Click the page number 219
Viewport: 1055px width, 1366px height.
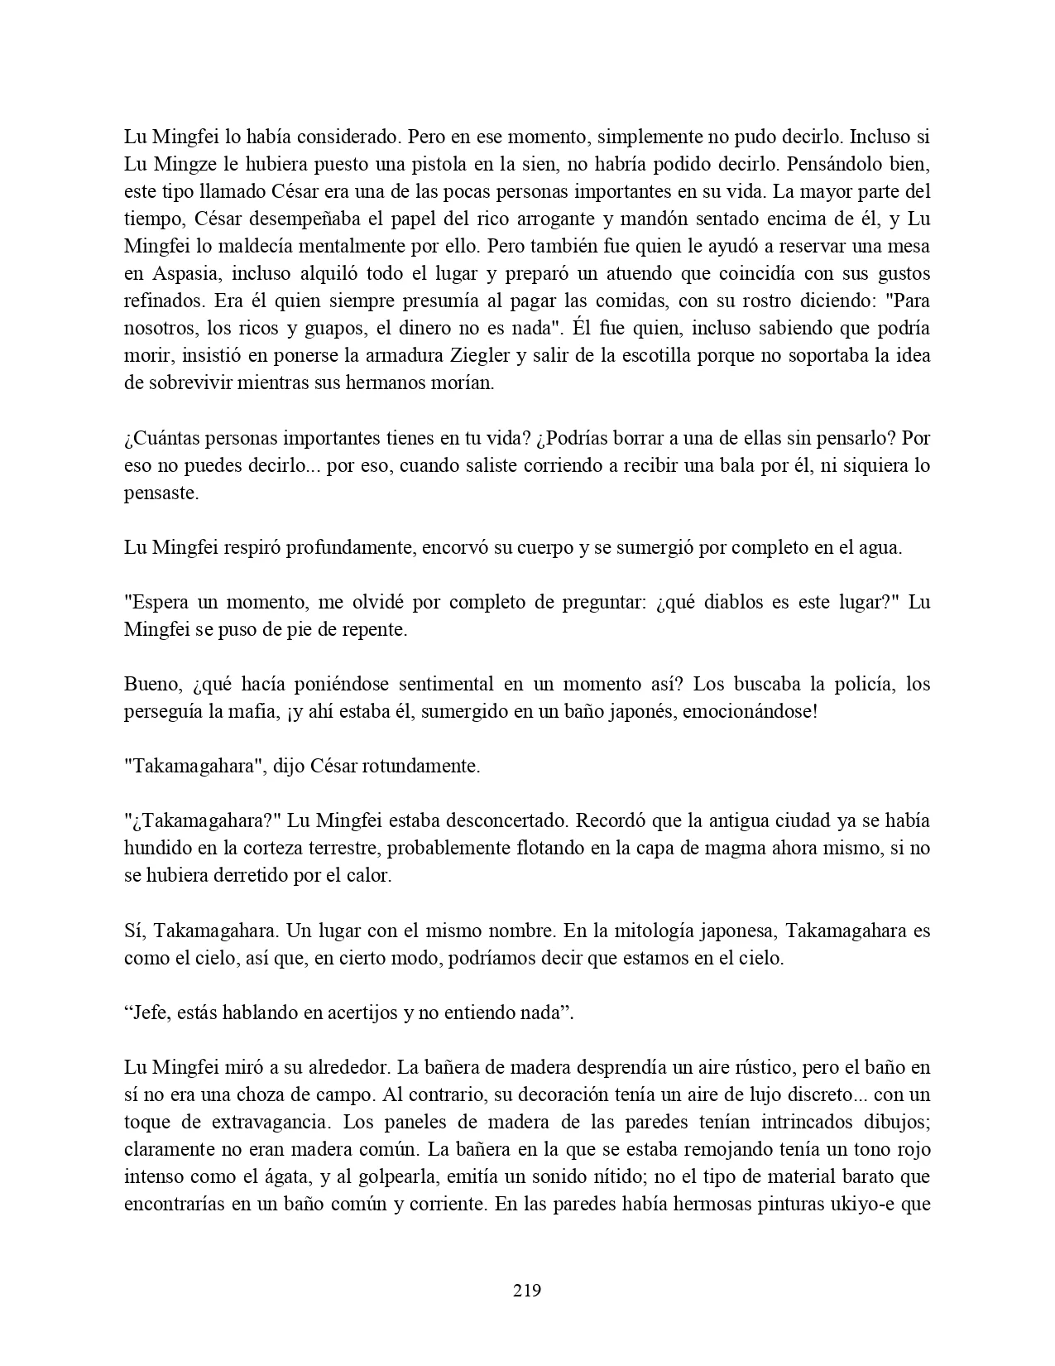coord(527,1290)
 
